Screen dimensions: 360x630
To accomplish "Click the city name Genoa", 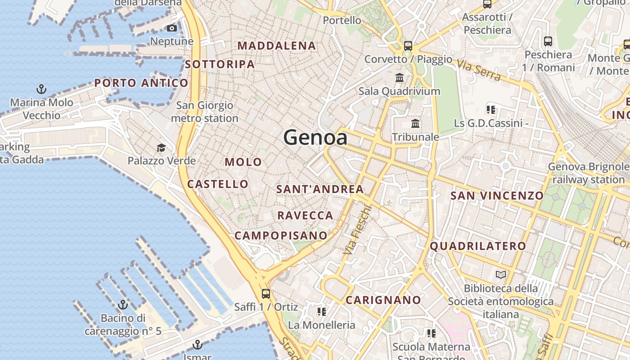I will pyautogui.click(x=315, y=137).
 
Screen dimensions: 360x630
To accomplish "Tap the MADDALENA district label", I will pyautogui.click(x=277, y=46).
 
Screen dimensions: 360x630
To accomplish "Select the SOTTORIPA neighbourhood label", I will pyautogui.click(x=220, y=64).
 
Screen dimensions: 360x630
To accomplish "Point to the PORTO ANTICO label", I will pyautogui.click(x=141, y=83).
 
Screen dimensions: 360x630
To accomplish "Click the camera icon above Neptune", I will pyautogui.click(x=171, y=28).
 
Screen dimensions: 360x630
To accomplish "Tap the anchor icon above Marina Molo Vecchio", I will pyautogui.click(x=41, y=89).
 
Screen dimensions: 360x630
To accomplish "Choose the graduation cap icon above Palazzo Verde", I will pyautogui.click(x=161, y=148).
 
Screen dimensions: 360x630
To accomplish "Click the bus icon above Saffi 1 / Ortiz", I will pyautogui.click(x=266, y=294).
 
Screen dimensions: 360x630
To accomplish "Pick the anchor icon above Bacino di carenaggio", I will pyautogui.click(x=123, y=305).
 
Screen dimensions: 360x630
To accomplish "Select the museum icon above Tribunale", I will pyautogui.click(x=415, y=123).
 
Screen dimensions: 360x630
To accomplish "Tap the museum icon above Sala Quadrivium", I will pyautogui.click(x=400, y=77).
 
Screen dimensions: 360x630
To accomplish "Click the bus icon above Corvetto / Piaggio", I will pyautogui.click(x=408, y=45).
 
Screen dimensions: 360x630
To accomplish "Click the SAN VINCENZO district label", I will pyautogui.click(x=497, y=196).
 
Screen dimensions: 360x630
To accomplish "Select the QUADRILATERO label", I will pyautogui.click(x=477, y=246).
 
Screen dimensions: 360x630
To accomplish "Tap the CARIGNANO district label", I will pyautogui.click(x=383, y=300).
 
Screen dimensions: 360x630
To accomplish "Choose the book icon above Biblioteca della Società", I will pyautogui.click(x=501, y=274).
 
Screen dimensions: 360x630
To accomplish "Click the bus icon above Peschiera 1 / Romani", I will pyautogui.click(x=548, y=41).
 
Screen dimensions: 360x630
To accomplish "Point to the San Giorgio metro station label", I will pyautogui.click(x=205, y=112).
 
